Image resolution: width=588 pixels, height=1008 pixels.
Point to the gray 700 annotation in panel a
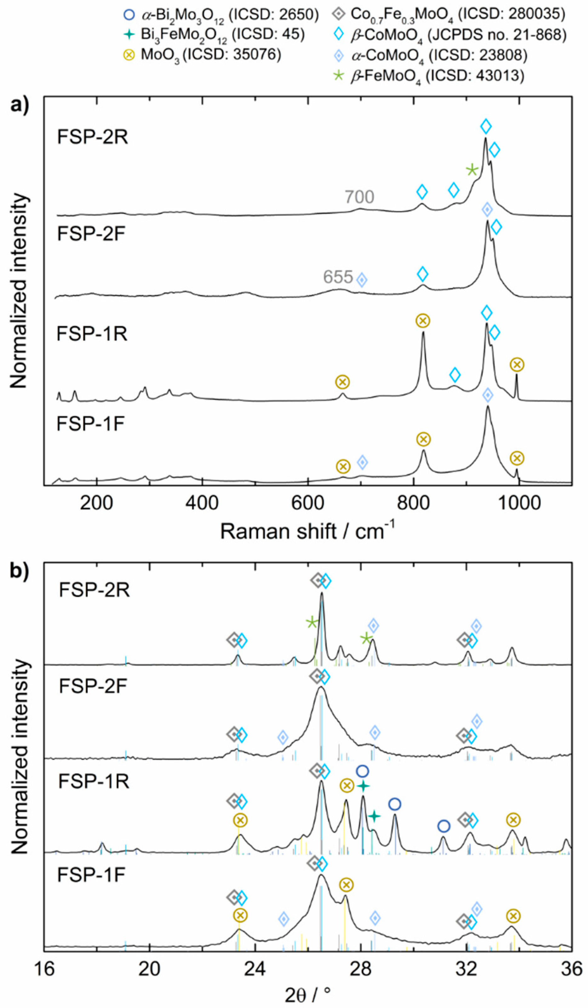(359, 197)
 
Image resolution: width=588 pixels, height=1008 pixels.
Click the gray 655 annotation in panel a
(338, 277)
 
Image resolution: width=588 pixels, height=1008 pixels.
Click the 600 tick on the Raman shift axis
(308, 503)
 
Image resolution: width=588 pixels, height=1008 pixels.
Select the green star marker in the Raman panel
(472, 170)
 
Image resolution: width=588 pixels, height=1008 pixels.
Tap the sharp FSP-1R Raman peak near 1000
(517, 375)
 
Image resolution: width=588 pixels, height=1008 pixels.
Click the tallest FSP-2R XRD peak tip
(322, 593)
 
